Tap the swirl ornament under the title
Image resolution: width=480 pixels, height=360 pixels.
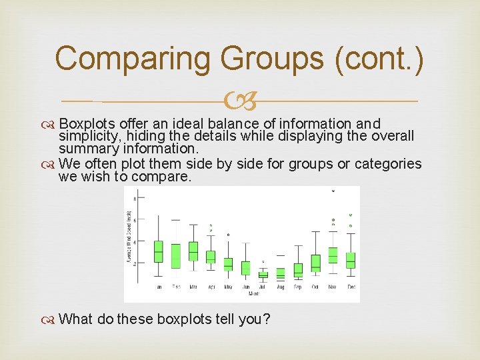(x=239, y=102)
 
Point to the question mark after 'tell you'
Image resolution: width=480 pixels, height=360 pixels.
(x=267, y=319)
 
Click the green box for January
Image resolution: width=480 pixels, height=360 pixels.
(x=158, y=251)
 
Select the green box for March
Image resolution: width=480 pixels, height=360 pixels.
(x=193, y=251)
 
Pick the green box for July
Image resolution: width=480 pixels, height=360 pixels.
(x=263, y=274)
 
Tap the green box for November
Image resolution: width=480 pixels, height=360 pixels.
(x=333, y=255)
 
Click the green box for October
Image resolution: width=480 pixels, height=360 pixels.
(x=315, y=263)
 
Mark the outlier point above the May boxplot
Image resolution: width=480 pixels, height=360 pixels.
(x=228, y=235)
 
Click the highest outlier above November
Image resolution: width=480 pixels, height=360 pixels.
(x=333, y=191)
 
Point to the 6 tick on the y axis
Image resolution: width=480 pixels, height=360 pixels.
(x=135, y=220)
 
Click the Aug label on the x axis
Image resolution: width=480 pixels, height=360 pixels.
(x=280, y=287)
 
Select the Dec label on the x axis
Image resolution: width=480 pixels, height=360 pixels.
(x=351, y=287)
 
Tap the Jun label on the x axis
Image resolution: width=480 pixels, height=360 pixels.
(x=245, y=287)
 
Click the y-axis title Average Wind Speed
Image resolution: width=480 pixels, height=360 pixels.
(x=129, y=237)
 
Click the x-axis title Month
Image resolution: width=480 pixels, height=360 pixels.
(x=255, y=294)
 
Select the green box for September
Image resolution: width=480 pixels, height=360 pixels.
(x=298, y=269)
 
